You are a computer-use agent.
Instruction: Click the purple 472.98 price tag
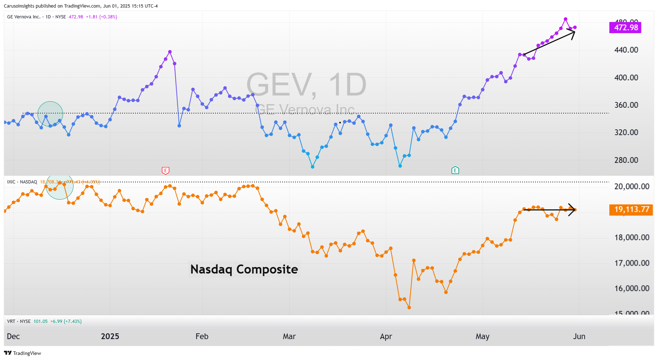coord(625,28)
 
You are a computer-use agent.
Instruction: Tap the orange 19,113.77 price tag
coord(631,210)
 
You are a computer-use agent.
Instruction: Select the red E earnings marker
coord(165,170)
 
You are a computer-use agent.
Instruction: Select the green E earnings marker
coord(455,170)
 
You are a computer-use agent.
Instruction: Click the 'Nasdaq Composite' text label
coord(244,269)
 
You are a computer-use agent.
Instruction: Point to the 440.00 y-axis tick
coord(626,50)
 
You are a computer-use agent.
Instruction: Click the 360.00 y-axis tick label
coord(626,105)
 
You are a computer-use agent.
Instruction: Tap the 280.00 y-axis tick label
coord(626,160)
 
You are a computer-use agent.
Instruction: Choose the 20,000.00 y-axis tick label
coord(632,187)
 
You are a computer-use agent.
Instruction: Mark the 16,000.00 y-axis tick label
coord(632,289)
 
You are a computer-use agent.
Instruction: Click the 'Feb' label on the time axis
coord(202,337)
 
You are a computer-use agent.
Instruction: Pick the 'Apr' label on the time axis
coord(386,337)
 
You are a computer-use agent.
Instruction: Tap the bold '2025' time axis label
coord(110,337)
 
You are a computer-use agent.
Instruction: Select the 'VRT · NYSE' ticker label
coord(19,321)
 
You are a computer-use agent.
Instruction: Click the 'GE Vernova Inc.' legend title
coord(24,17)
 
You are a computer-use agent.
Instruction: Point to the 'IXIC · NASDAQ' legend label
coord(22,182)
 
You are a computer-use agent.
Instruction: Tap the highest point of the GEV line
coord(565,19)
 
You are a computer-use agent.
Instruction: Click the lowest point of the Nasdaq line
coord(409,307)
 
